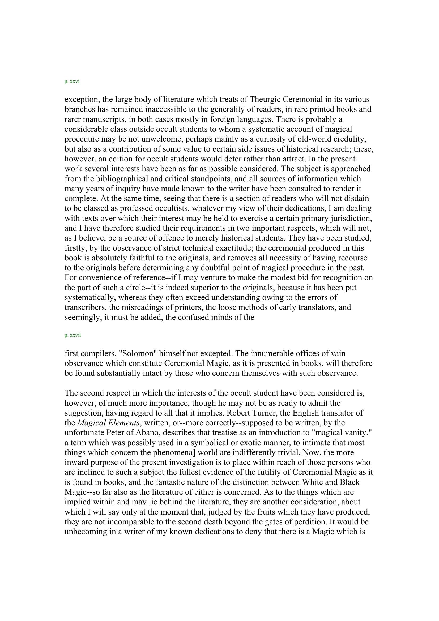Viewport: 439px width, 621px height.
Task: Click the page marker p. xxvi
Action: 72,82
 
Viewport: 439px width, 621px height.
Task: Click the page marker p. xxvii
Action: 73,335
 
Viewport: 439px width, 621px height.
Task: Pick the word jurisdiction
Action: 351,218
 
